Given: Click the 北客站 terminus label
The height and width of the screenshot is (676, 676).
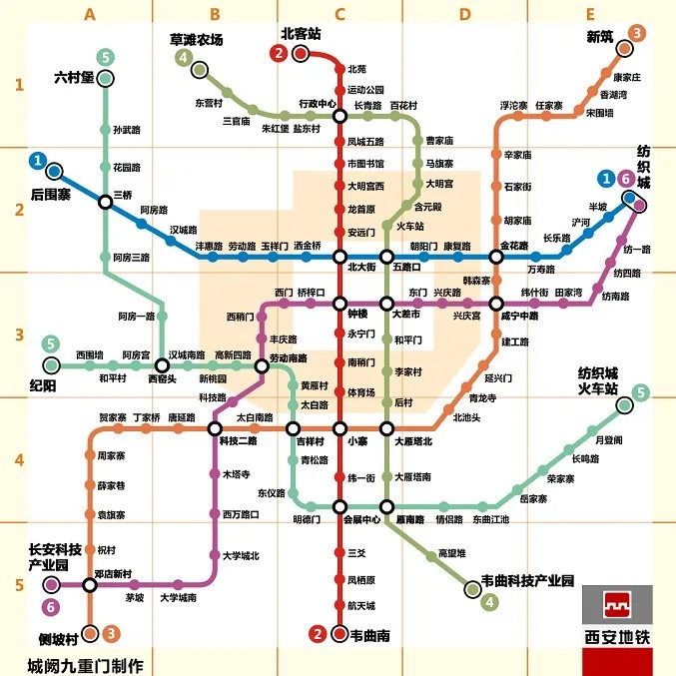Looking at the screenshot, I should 301,33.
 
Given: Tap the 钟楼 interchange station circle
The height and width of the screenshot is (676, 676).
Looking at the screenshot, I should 338,303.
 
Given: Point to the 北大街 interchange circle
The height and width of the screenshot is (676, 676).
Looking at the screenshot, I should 338,256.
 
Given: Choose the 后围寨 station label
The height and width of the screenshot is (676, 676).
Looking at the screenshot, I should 50,194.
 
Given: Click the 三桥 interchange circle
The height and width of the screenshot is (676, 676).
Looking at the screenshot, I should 105,202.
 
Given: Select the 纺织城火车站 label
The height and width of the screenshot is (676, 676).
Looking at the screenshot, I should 598,379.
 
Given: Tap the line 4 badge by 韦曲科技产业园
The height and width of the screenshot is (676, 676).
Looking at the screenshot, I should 489,601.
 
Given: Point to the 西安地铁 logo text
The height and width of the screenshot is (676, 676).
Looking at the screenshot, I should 616,632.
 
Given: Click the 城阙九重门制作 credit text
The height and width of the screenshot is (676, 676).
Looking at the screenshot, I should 85,665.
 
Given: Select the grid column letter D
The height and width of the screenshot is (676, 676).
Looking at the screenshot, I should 464,14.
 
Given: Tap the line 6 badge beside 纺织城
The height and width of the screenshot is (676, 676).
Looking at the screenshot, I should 626,179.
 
